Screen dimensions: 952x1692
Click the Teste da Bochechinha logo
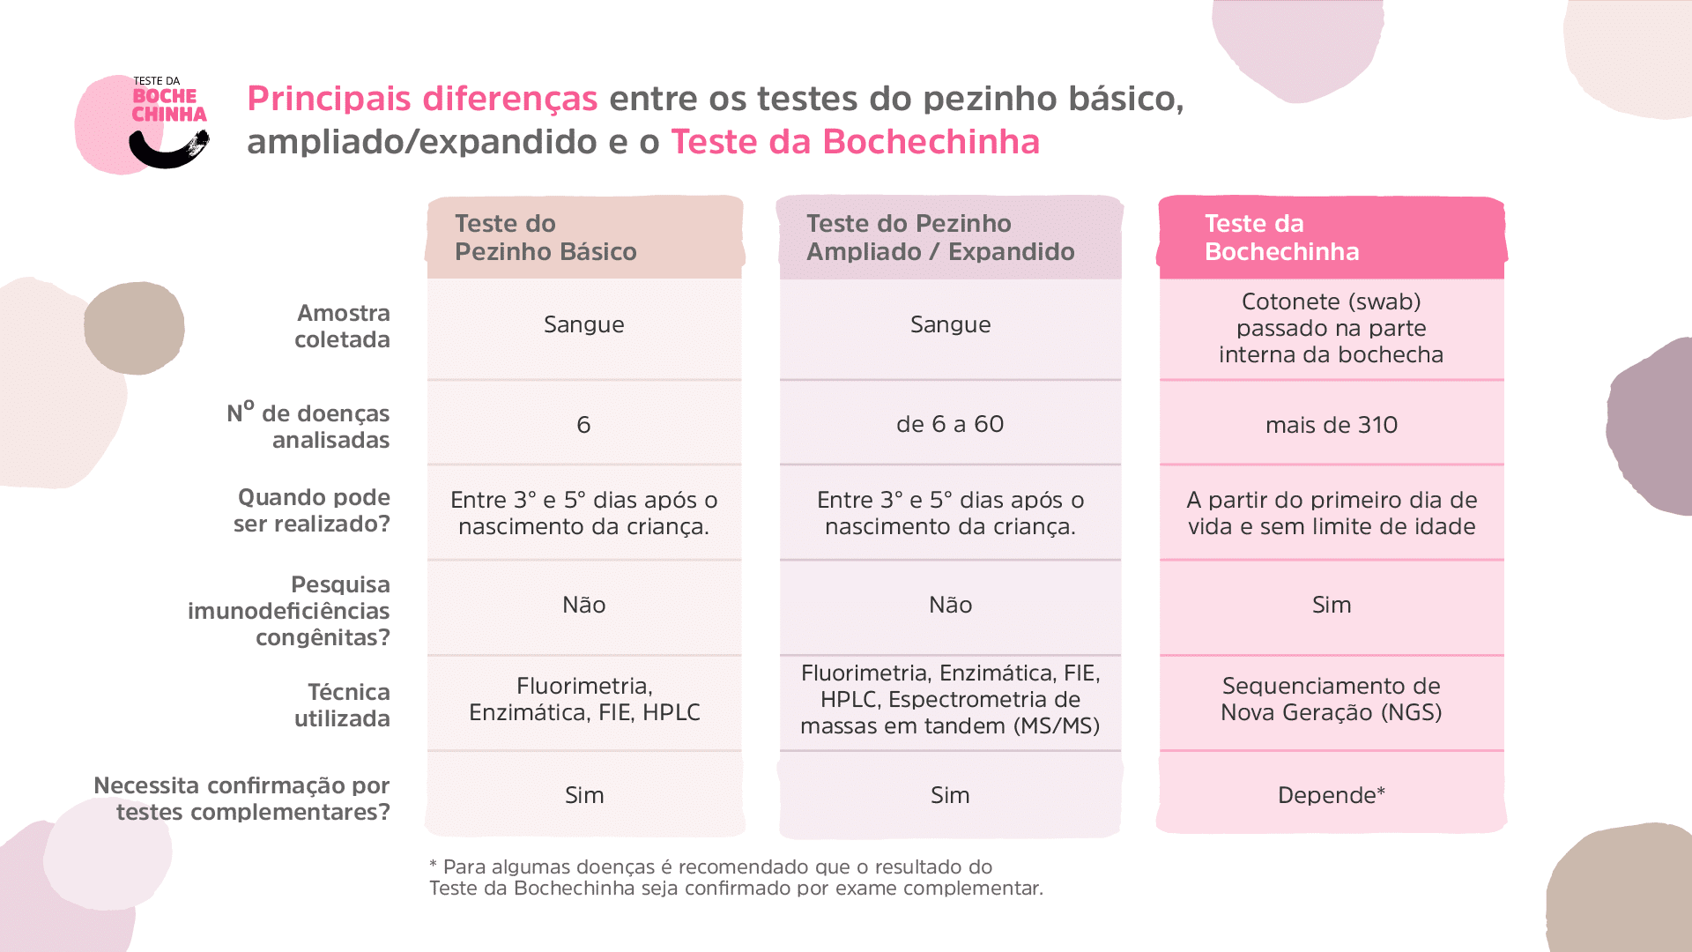145,123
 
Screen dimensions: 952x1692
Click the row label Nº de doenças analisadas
308,426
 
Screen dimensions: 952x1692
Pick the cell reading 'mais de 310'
1331,425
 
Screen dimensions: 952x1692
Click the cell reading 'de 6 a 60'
949,424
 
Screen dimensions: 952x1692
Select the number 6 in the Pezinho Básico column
583,425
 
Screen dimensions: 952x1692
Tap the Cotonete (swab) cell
1331,328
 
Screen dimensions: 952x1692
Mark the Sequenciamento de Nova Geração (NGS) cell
1331,699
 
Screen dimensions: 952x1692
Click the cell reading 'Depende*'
1331,795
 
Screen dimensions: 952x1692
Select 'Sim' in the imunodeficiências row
1331,605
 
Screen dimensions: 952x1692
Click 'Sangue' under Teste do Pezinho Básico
583,324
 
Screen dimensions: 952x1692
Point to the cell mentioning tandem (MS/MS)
949,699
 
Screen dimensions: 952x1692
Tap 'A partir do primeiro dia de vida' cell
1331,513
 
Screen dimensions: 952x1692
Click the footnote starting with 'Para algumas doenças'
736,877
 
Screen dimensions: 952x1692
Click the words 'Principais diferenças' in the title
422,99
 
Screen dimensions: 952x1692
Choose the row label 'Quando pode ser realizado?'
313,510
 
